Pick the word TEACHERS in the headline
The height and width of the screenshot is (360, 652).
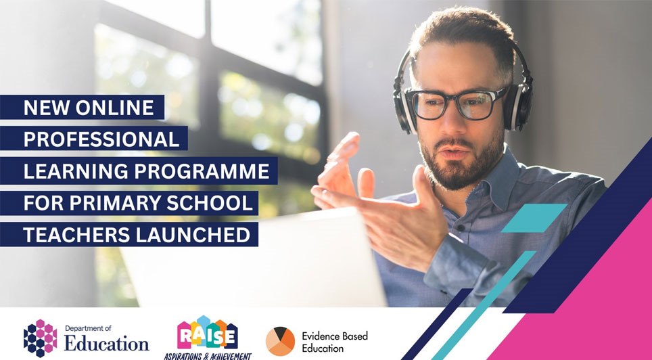point(75,235)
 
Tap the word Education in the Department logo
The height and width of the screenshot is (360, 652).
point(107,342)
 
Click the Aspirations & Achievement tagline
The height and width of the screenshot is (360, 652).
point(208,355)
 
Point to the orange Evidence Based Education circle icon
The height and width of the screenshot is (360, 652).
point(279,341)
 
